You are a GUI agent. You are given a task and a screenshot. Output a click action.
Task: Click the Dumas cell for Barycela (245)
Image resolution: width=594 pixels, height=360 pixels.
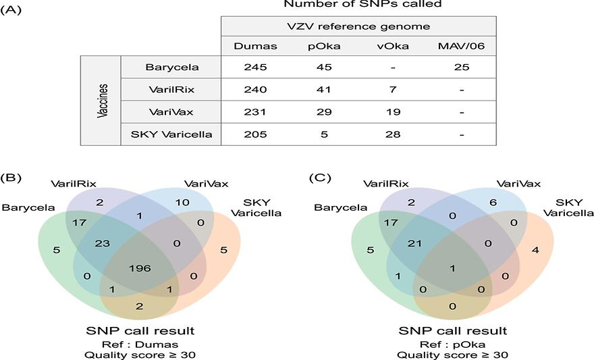pos(256,68)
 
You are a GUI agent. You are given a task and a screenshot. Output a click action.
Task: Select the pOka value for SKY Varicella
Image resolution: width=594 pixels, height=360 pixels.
pos(324,134)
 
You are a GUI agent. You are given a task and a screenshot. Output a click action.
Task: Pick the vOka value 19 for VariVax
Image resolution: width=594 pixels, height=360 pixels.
pos(393,112)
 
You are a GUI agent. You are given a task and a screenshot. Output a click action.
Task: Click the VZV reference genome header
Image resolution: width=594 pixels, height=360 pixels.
pos(358,27)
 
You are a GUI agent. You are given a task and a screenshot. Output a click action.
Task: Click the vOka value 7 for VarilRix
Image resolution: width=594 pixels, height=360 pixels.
pos(393,90)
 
